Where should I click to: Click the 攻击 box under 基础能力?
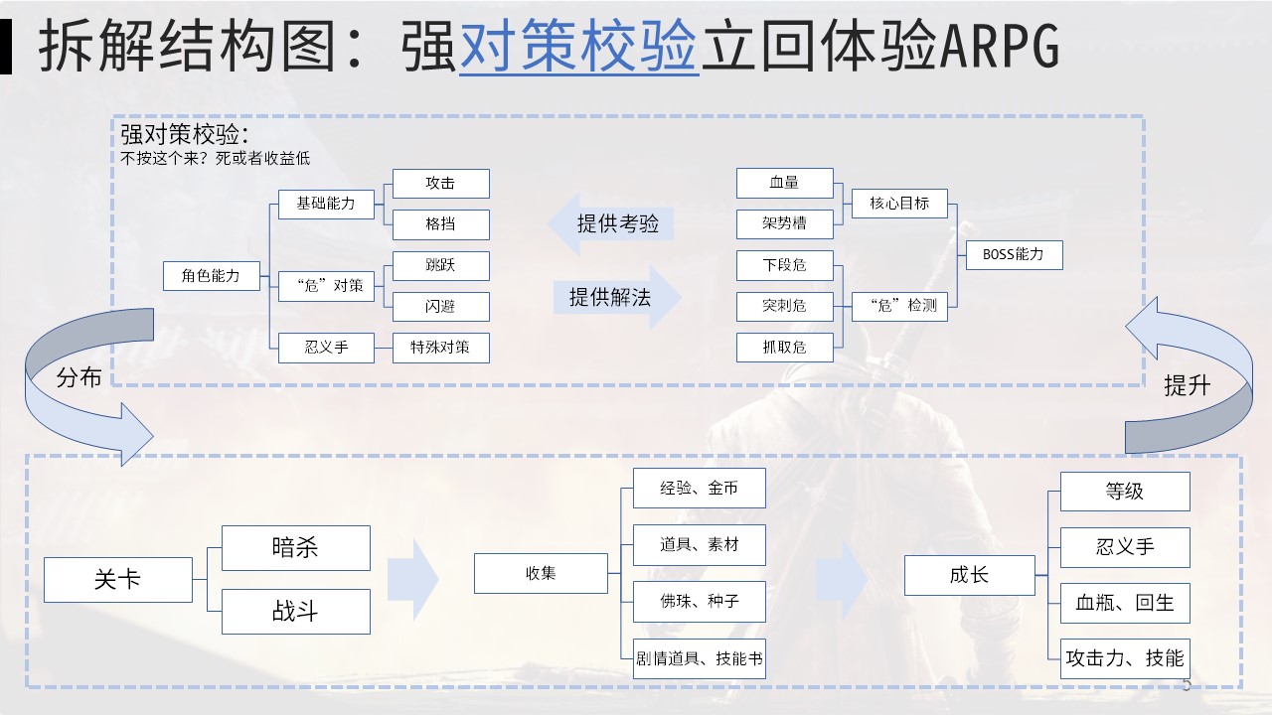pyautogui.click(x=440, y=184)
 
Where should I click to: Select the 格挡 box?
pyautogui.click(x=440, y=224)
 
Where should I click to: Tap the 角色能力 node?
pyautogui.click(x=211, y=276)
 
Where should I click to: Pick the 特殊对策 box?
pyautogui.click(x=440, y=348)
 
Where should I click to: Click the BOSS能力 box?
pyautogui.click(x=1013, y=254)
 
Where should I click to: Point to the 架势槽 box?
pyautogui.click(x=785, y=224)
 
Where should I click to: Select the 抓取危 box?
pyautogui.click(x=785, y=347)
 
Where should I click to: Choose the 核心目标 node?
pyautogui.click(x=899, y=203)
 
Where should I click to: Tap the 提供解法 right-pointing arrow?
pyautogui.click(x=617, y=297)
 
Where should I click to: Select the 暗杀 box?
pyautogui.click(x=295, y=548)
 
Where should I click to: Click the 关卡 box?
pyautogui.click(x=117, y=579)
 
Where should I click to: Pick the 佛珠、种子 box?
pyautogui.click(x=700, y=602)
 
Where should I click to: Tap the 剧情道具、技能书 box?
pyautogui.click(x=700, y=658)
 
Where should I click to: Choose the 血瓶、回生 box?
pyautogui.click(x=1124, y=603)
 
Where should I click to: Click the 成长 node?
pyautogui.click(x=969, y=575)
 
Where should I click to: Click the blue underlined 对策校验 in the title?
pyautogui.click(x=578, y=48)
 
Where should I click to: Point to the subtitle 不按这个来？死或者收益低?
pyautogui.click(x=216, y=158)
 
